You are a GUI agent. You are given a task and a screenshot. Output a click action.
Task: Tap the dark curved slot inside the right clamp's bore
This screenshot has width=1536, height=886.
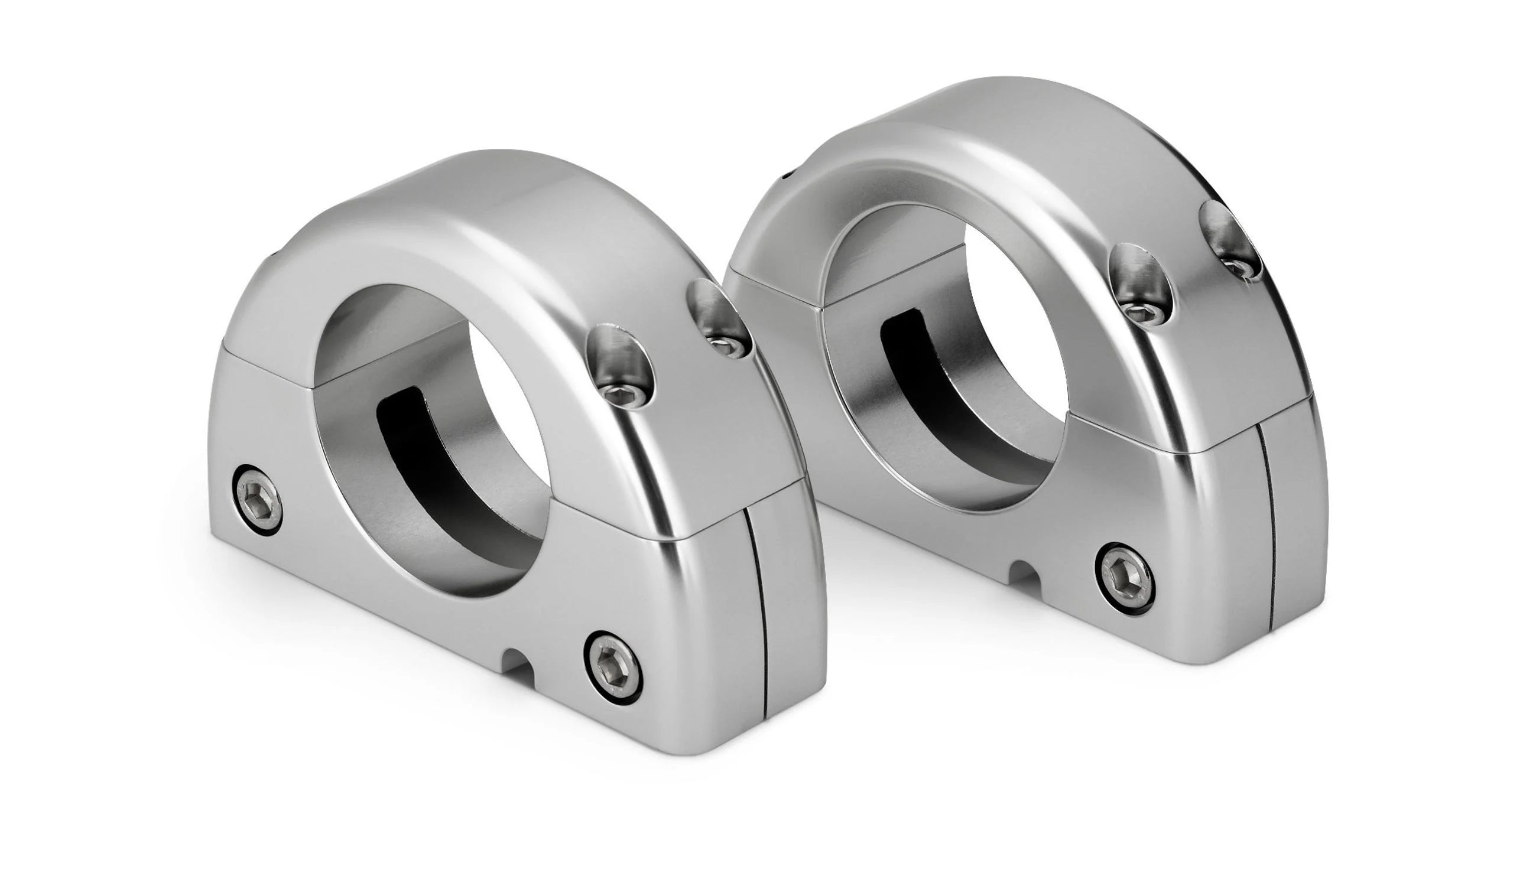[x=926, y=377]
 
